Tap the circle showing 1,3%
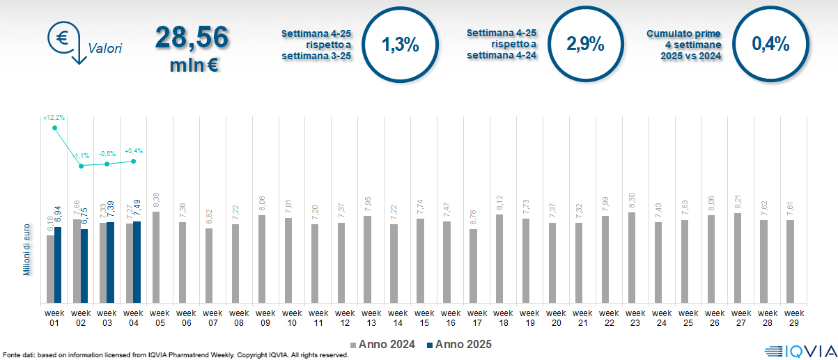400,45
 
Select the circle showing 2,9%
585,45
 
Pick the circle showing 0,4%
770,45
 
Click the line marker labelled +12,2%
55,128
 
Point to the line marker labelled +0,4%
134,161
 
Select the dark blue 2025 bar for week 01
59,265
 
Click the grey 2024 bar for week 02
77,261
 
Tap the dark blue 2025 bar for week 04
137,262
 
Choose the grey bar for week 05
156,257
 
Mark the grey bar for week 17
474,266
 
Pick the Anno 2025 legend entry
459,344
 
